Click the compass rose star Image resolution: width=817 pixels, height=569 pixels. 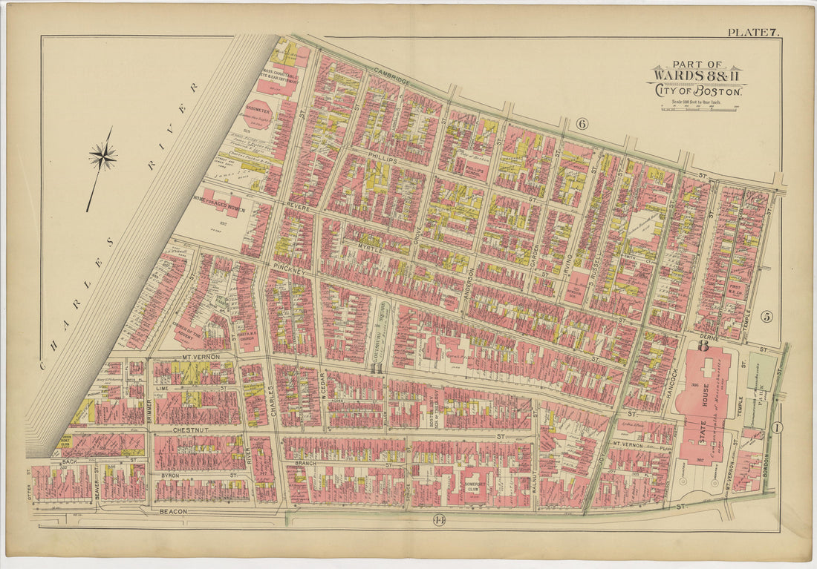(x=102, y=156)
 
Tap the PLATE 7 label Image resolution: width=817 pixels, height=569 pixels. (x=752, y=32)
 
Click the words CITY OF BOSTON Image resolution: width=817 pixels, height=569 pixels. (x=697, y=91)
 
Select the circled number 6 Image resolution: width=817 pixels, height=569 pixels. (x=582, y=124)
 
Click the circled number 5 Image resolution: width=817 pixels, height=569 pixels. (x=766, y=317)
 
